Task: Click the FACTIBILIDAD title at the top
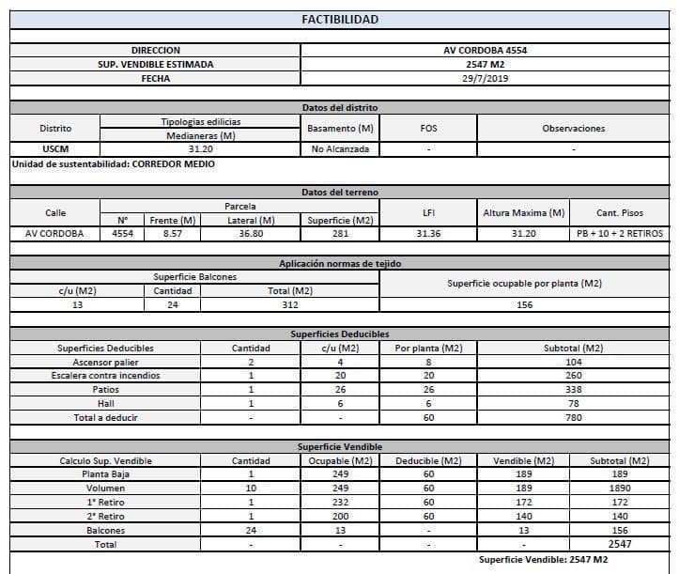[x=340, y=19]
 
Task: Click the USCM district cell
[x=55, y=149]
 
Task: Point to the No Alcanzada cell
[x=340, y=149]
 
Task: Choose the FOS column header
[x=428, y=128]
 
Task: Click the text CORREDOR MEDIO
[x=174, y=164]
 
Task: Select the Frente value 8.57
[x=173, y=234]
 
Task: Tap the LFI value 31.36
[x=428, y=234]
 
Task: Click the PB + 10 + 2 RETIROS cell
[x=619, y=234]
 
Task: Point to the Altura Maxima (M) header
[x=523, y=213]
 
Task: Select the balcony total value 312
[x=290, y=305]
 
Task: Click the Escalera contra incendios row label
[x=113, y=376]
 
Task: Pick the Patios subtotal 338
[x=573, y=390]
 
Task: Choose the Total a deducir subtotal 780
[x=573, y=418]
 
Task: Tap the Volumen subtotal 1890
[x=619, y=489]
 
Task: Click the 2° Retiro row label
[x=105, y=517]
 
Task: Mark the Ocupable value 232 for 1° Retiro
[x=340, y=503]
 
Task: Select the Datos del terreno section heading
[x=340, y=193]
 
